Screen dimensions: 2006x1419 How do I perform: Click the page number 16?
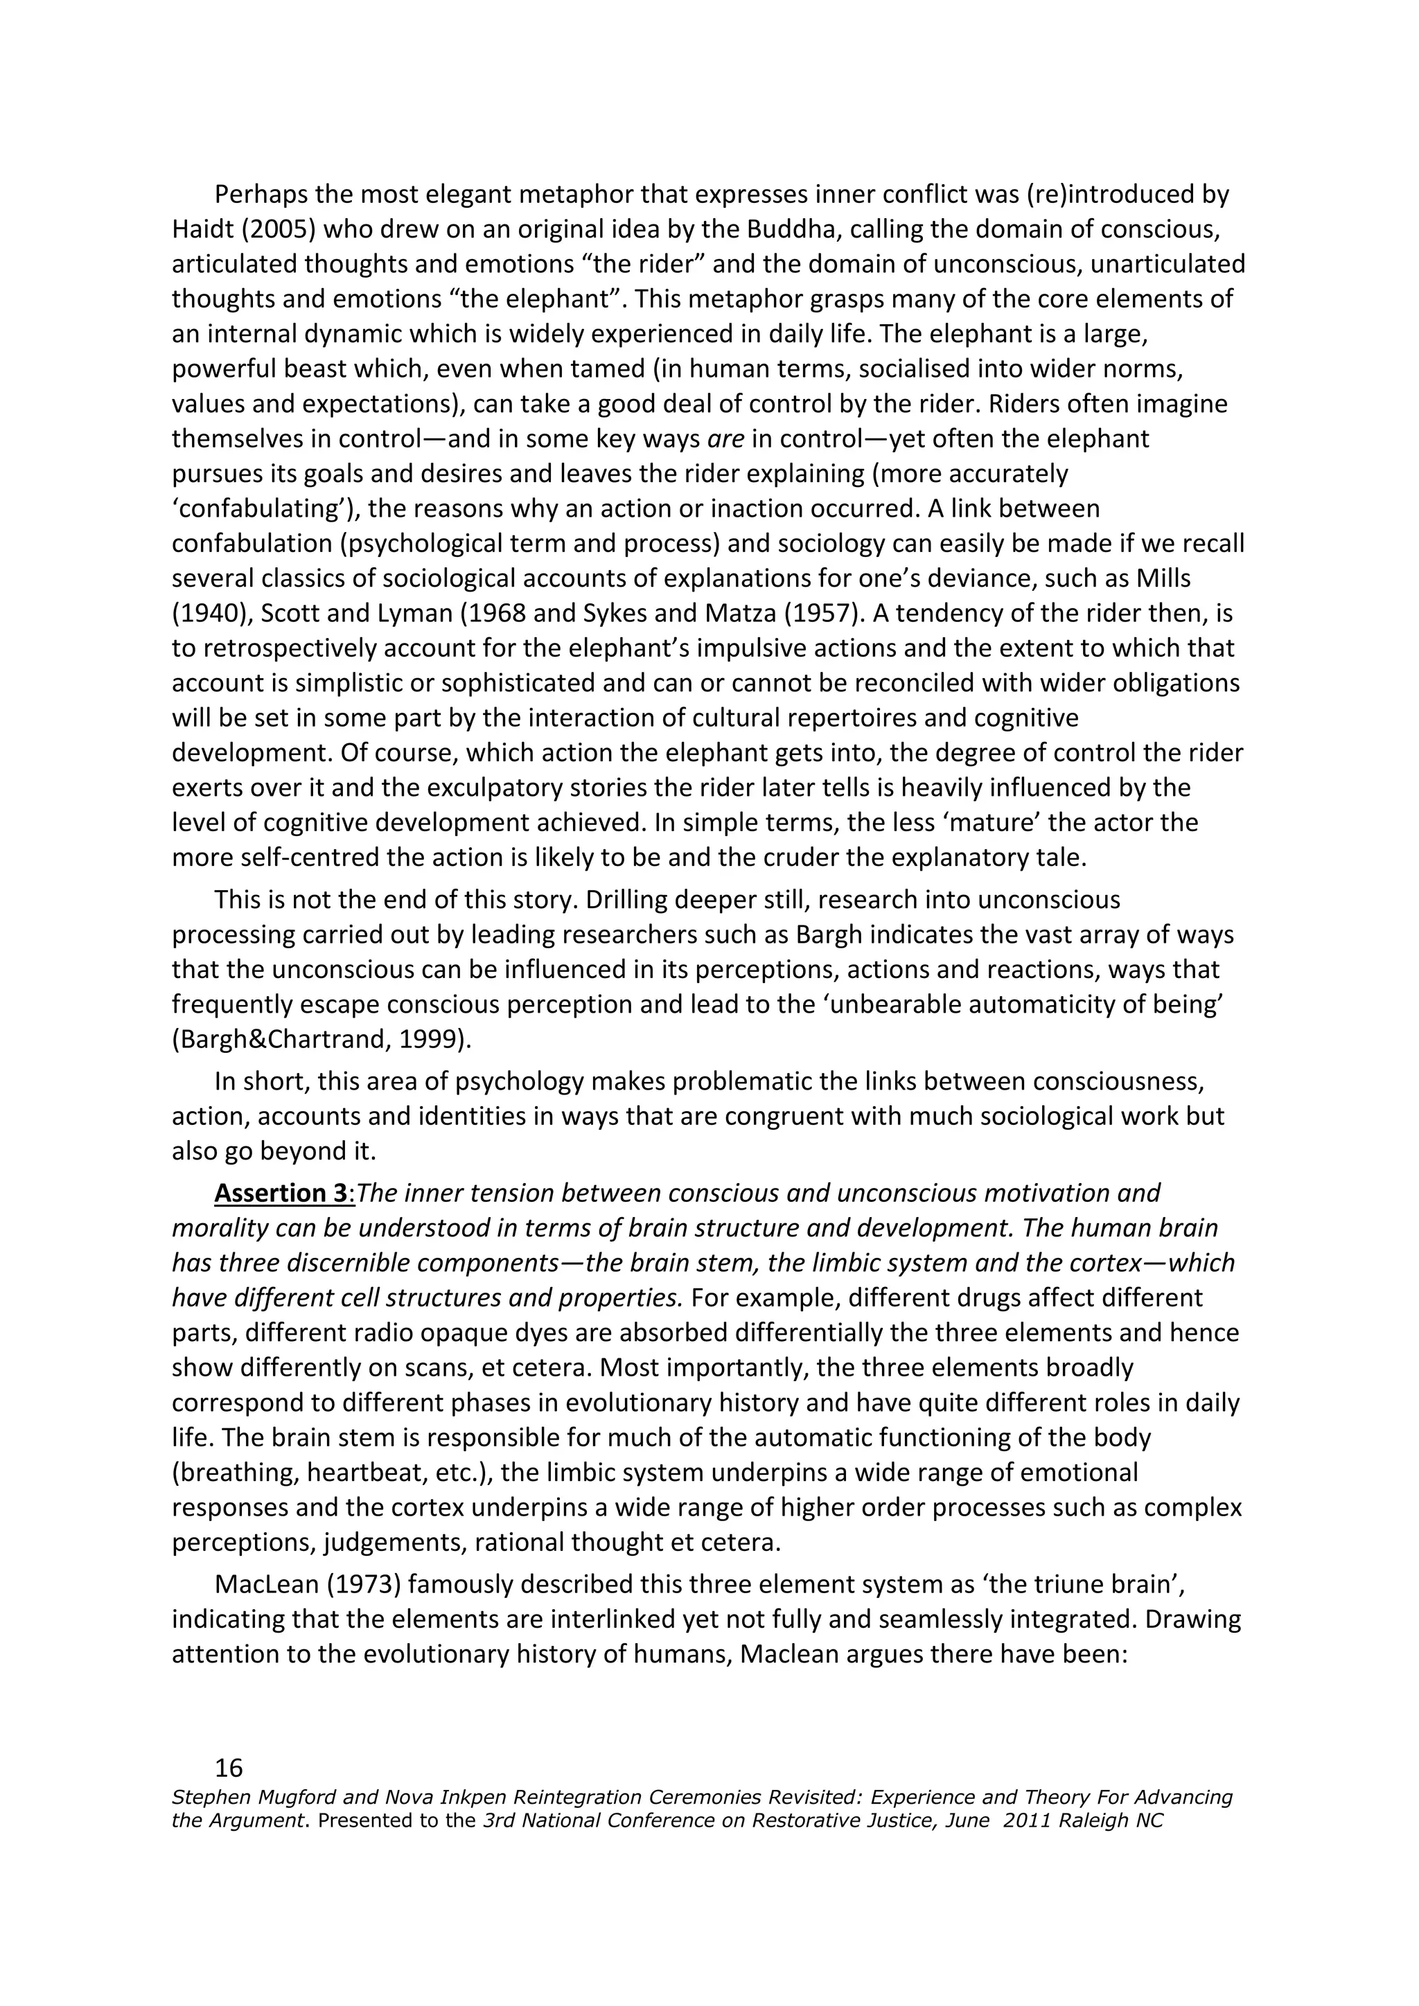tap(229, 1768)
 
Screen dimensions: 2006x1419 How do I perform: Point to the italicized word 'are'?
tap(725, 438)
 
